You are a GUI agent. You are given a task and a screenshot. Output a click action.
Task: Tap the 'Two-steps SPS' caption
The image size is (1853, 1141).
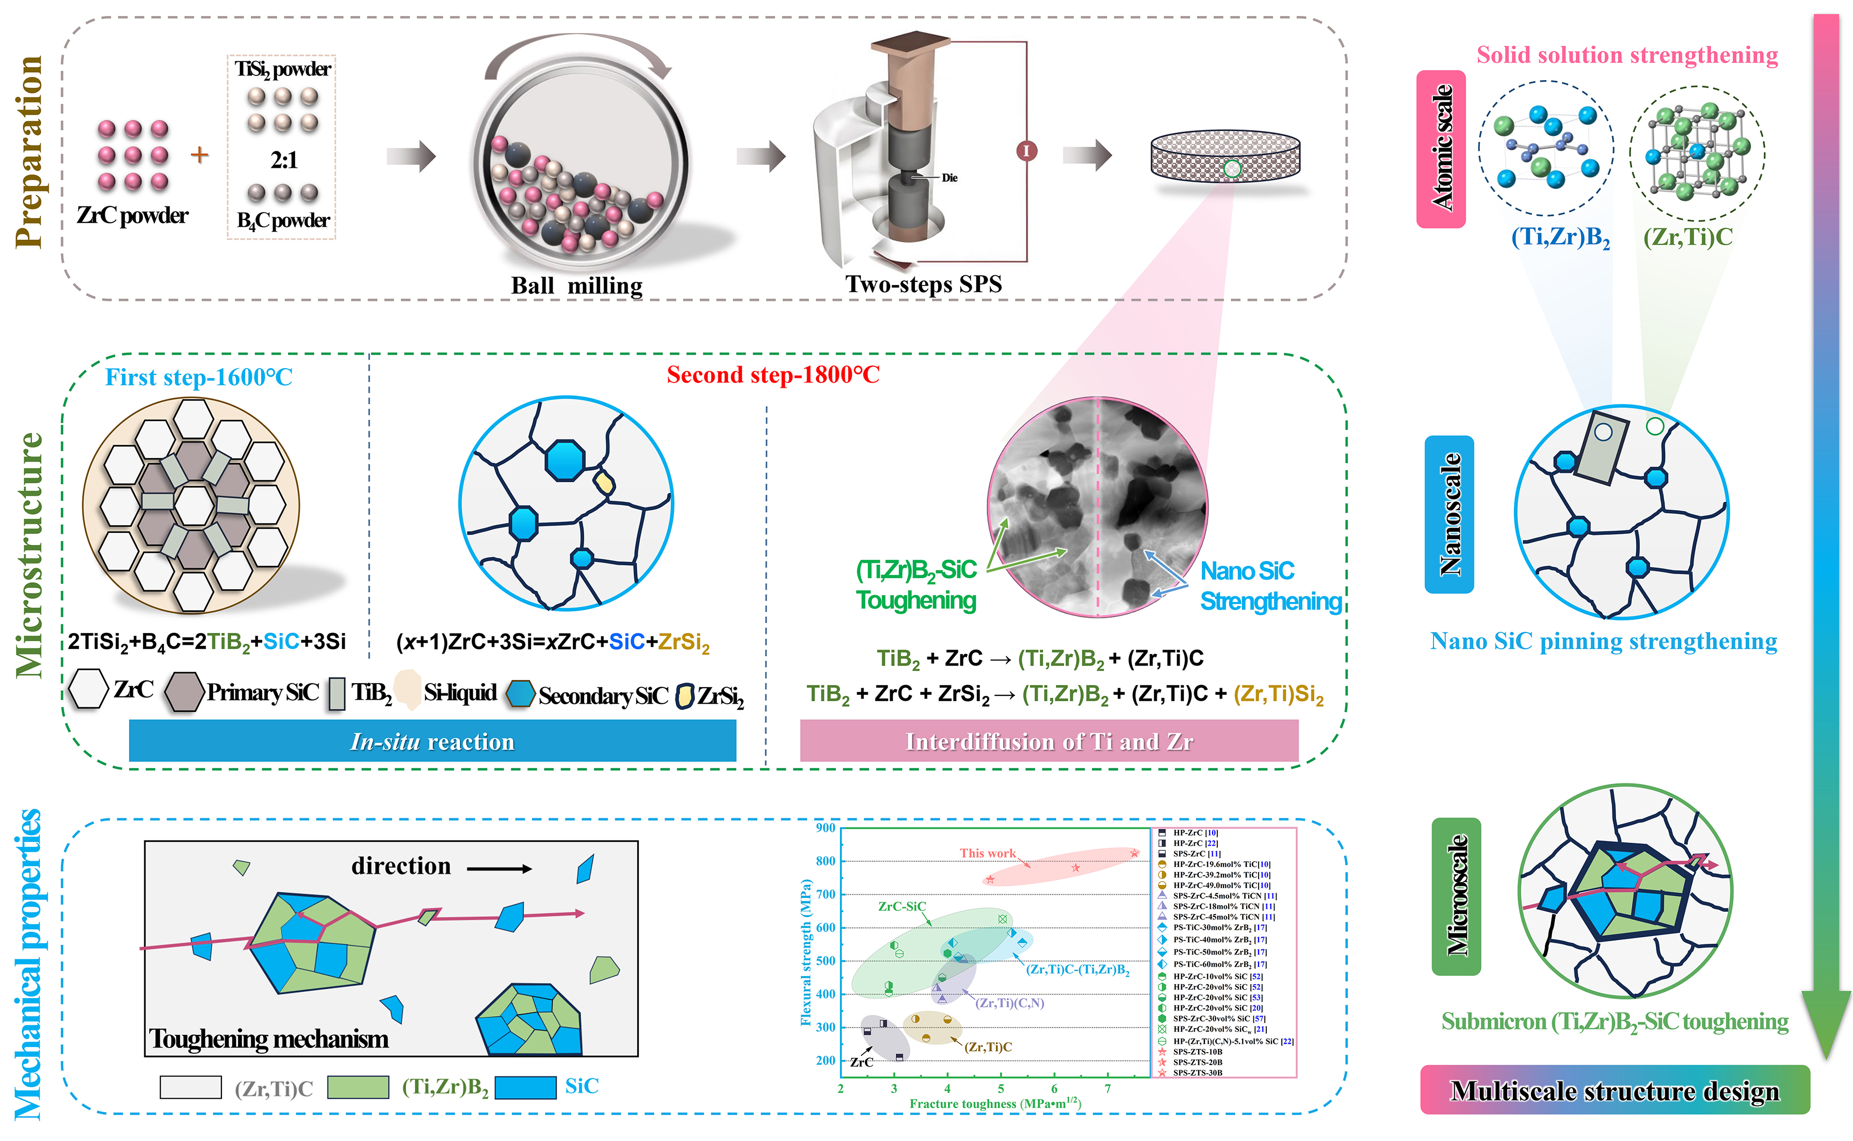[x=923, y=284]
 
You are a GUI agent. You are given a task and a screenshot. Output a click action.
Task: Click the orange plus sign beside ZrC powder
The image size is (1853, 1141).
[x=199, y=155]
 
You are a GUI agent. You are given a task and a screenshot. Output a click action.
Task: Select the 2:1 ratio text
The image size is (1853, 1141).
[x=284, y=160]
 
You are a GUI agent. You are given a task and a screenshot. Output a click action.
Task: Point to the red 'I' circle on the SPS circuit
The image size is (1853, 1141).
[x=1026, y=151]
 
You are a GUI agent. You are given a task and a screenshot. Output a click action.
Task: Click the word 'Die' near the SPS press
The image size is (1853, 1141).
[x=949, y=178]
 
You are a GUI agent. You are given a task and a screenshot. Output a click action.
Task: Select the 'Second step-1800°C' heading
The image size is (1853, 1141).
[x=773, y=374]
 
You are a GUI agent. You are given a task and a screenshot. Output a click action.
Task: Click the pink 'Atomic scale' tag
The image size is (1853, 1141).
[x=1441, y=149]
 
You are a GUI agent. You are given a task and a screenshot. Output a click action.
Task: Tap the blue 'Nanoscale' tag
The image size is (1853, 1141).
[x=1449, y=514]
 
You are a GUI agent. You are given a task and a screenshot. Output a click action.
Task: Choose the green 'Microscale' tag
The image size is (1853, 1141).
[x=1456, y=896]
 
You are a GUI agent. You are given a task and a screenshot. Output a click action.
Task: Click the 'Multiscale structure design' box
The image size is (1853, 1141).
[x=1614, y=1090]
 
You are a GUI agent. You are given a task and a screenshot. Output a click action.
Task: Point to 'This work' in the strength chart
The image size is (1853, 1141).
[x=987, y=853]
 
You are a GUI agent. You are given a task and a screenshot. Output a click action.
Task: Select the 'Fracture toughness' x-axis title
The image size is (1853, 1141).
[x=995, y=1103]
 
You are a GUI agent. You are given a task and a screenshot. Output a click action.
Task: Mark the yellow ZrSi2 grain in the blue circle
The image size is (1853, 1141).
[x=604, y=482]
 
